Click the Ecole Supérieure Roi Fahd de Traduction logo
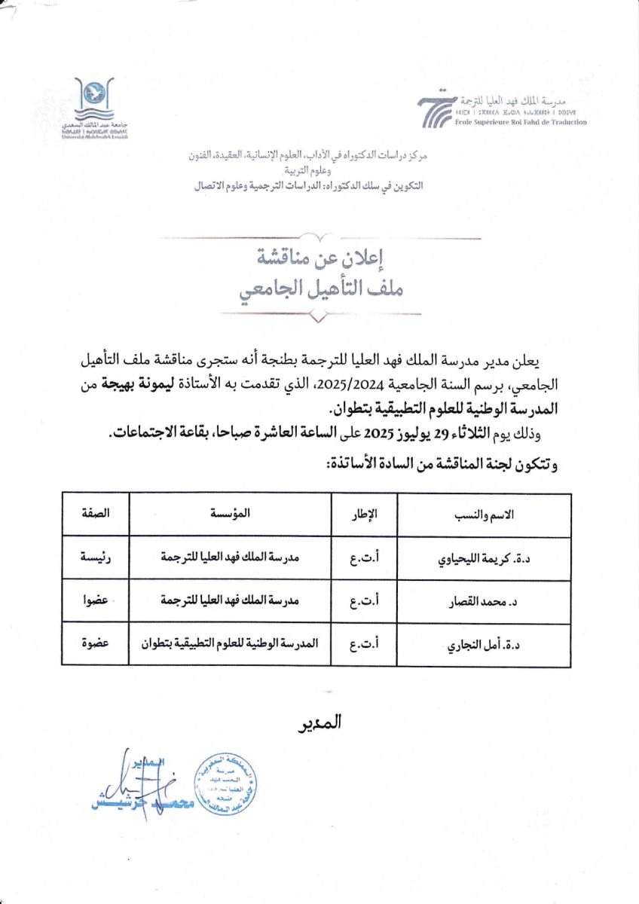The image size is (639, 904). click(502, 110)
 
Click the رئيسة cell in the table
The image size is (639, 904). click(96, 558)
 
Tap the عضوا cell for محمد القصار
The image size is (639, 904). click(96, 601)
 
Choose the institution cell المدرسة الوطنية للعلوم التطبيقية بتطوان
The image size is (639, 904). click(230, 644)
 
